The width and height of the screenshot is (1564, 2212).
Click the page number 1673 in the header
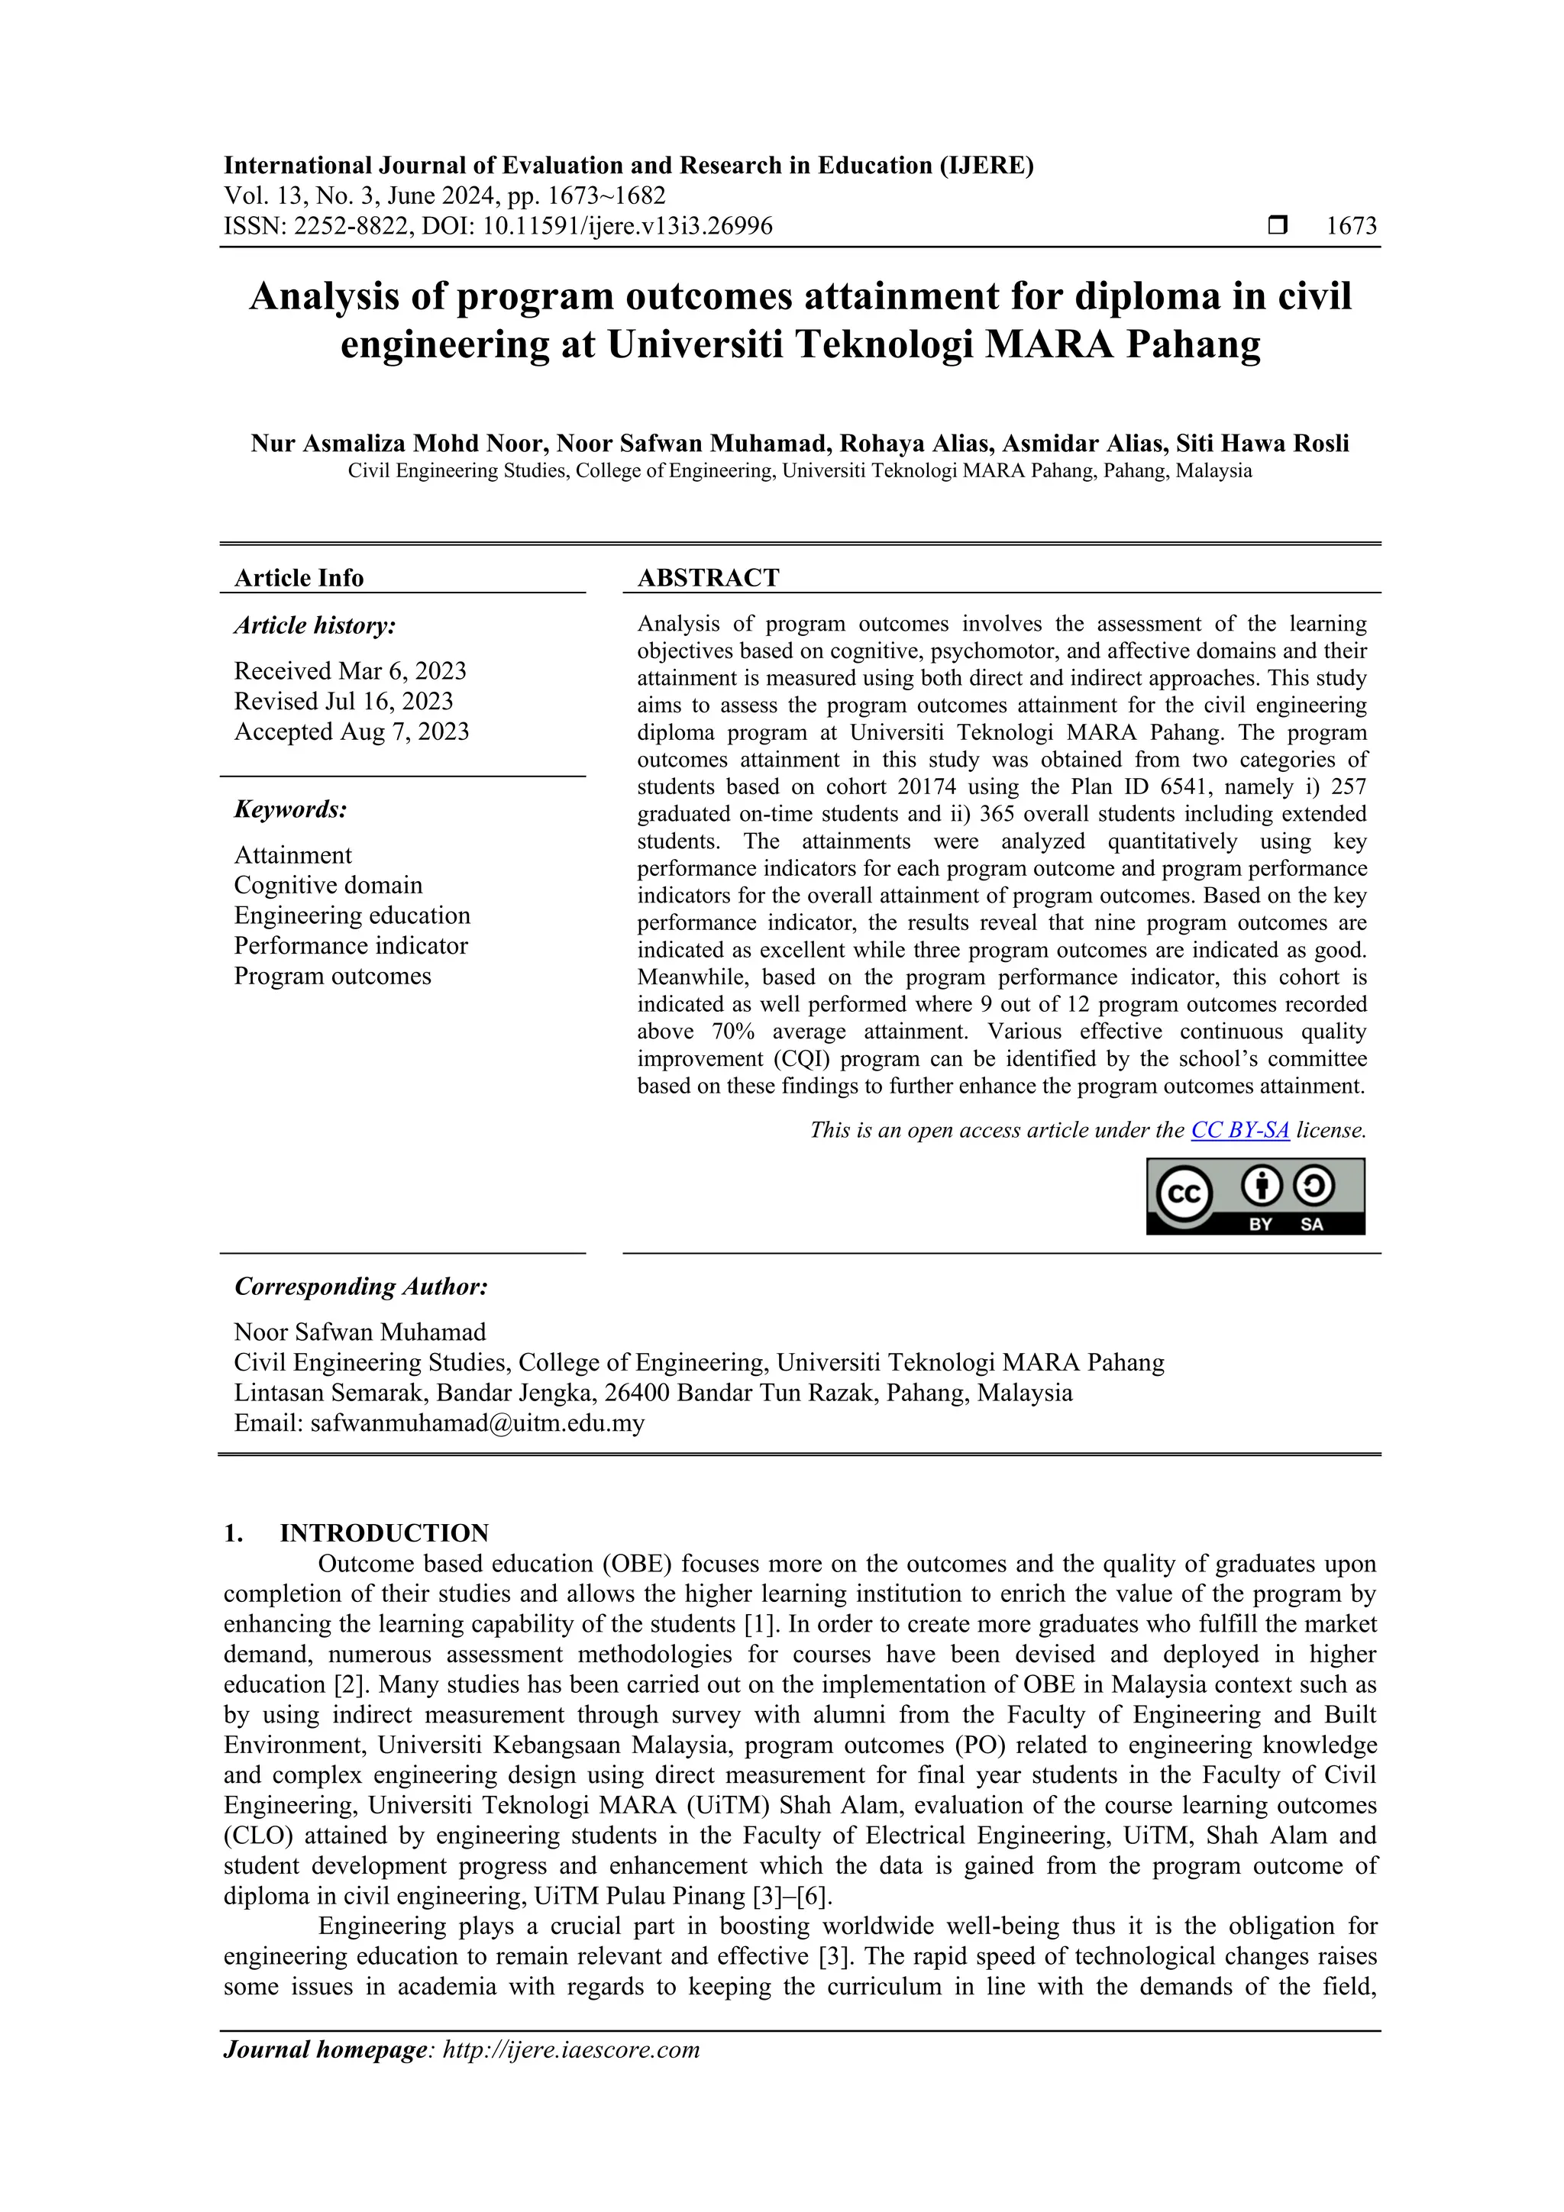click(1351, 227)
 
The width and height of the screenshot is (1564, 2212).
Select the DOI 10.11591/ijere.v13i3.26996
click(596, 227)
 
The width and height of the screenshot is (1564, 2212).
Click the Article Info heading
click(299, 578)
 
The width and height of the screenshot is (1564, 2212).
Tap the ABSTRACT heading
click(708, 578)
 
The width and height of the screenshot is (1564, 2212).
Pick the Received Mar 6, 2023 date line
click(350, 670)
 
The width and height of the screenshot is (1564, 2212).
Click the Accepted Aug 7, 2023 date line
click(352, 731)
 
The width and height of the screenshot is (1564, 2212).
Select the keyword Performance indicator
click(351, 945)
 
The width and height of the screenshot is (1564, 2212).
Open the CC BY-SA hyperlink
click(1240, 1130)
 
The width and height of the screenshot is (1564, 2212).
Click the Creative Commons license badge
click(1255, 1196)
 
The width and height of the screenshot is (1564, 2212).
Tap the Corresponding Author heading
click(361, 1287)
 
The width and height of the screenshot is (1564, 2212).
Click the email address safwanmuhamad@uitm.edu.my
click(477, 1423)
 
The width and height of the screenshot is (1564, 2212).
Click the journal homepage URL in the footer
click(570, 2049)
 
